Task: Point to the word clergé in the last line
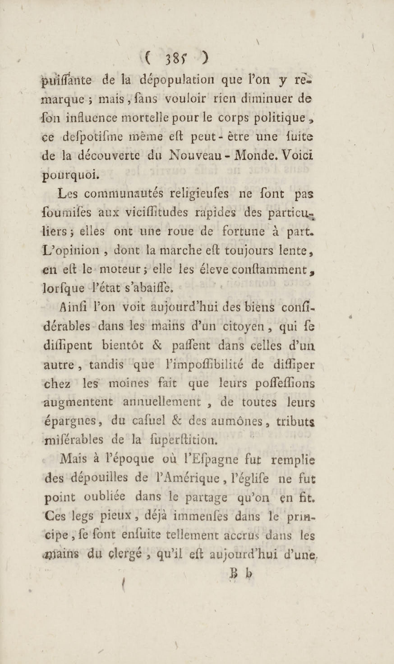coord(133,553)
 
